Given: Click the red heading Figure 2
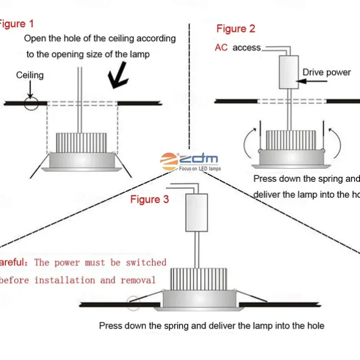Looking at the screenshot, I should (x=236, y=28).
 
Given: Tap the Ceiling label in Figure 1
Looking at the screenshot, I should (x=30, y=75).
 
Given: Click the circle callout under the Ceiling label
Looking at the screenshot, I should (x=31, y=103).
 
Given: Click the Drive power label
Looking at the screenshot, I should (x=326, y=73).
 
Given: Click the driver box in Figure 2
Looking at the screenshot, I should (x=289, y=73).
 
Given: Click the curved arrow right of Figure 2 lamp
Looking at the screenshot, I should (x=333, y=139).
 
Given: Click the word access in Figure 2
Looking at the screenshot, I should (x=246, y=47).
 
